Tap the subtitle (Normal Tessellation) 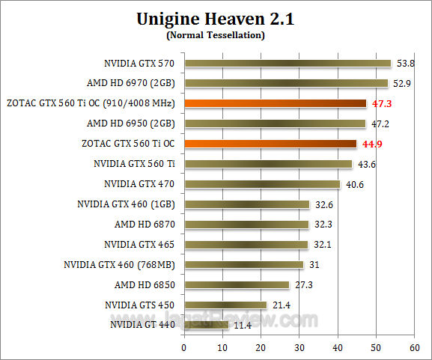216,35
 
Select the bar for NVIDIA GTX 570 288,63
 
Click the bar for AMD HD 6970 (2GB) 286,83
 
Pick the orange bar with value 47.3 275,103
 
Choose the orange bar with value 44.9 270,144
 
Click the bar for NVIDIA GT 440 206,325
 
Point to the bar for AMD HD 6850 237,284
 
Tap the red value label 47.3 382,103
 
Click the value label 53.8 405,64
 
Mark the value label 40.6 354,184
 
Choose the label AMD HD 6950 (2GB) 132,123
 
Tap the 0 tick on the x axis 184,347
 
